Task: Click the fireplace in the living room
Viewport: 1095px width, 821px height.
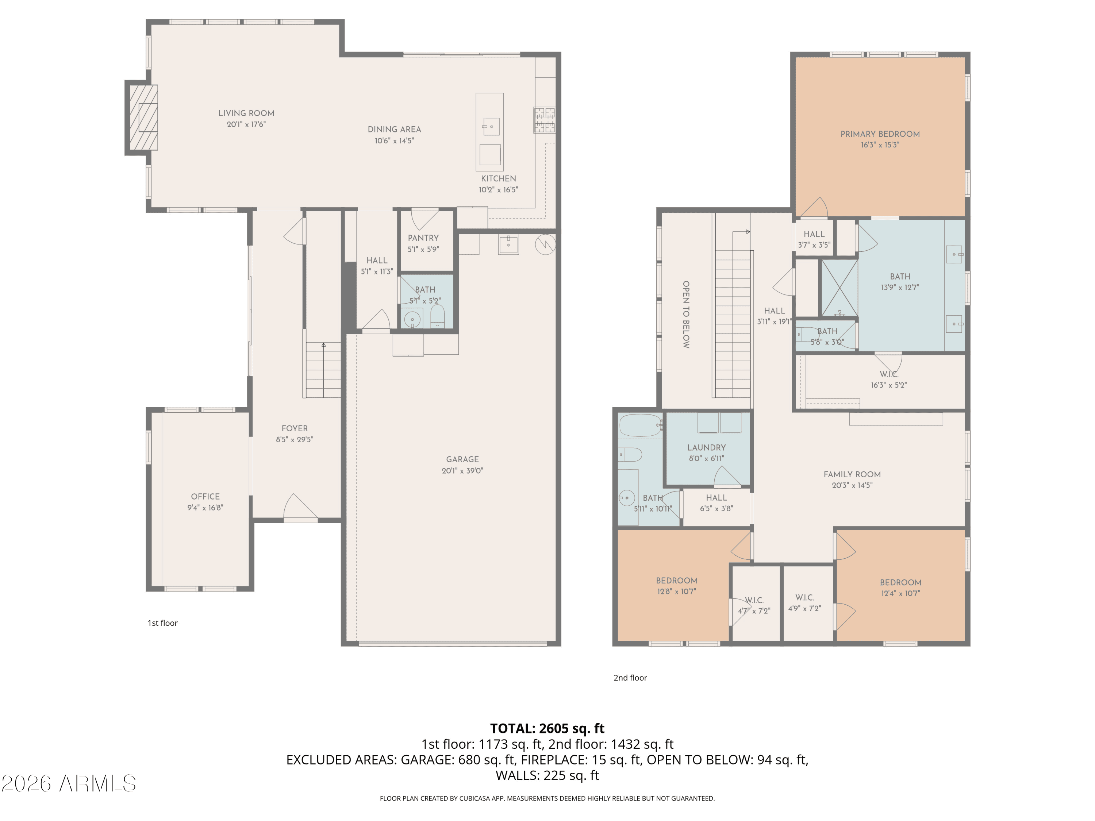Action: [x=143, y=117]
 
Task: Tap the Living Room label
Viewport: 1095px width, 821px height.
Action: [x=246, y=113]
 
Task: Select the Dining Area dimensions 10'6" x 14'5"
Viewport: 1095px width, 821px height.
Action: [x=394, y=140]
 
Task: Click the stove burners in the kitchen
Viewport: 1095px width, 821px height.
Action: [x=545, y=120]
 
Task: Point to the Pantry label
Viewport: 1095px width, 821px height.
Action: [x=423, y=238]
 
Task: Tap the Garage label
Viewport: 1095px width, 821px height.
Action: [x=462, y=459]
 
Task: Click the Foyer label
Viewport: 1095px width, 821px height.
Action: [x=295, y=429]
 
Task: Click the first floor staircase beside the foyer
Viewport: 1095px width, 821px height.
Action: [x=323, y=370]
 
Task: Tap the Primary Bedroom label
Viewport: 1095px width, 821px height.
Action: [x=880, y=134]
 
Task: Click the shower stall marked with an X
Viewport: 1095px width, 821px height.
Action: [x=839, y=288]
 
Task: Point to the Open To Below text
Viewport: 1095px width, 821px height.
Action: [x=686, y=315]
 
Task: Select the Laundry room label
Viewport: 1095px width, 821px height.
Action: [x=706, y=447]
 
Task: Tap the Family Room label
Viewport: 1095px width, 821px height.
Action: [x=852, y=475]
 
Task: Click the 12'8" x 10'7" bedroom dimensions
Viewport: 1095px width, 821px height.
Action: [x=676, y=591]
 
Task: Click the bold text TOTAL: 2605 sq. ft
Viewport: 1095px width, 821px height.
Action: [x=547, y=728]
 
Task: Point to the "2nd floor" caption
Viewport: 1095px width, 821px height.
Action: [x=630, y=678]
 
